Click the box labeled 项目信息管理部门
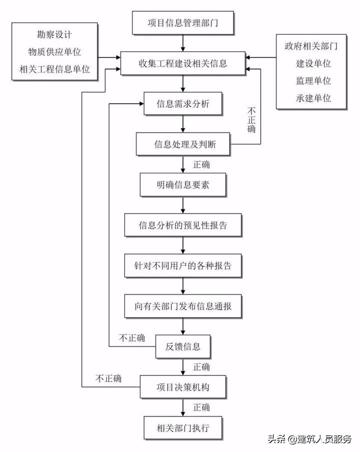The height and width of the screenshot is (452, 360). pos(182,23)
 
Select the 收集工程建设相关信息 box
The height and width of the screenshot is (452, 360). pos(182,64)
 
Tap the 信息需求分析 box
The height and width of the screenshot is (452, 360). pos(182,105)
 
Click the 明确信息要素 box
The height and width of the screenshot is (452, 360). pos(182,185)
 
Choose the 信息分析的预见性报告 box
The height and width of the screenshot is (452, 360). pos(183,225)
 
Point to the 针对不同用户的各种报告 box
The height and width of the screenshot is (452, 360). pos(182,266)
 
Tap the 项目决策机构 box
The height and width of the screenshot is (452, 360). pos(183,386)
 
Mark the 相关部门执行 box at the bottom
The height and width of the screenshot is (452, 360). pos(182,427)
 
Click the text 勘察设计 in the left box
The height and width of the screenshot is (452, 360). pos(54,35)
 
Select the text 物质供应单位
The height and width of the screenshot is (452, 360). pos(54,52)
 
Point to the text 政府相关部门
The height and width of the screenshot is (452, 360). pos(311,47)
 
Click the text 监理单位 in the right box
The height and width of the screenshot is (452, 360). pos(313,81)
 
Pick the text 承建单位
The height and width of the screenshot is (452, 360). pos(313,98)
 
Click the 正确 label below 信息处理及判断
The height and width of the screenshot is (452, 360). pos(201,165)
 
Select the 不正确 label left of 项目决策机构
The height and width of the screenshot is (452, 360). pos(108,378)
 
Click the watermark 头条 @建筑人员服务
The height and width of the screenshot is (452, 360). pos(309,439)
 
